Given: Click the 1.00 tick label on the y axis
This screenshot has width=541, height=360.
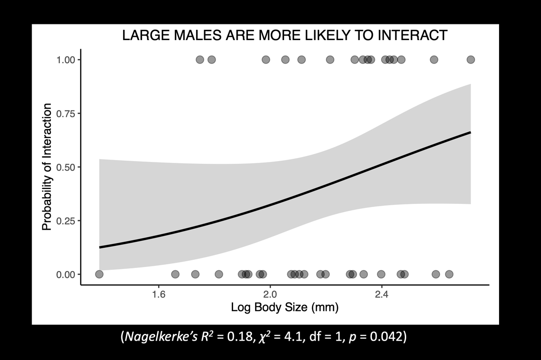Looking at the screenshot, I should (x=65, y=60).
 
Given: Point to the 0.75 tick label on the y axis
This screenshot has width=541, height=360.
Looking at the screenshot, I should (x=65, y=113).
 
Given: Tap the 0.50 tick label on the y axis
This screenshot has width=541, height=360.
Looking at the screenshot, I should (x=65, y=167).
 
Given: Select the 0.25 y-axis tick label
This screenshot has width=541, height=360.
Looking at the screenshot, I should (x=65, y=221).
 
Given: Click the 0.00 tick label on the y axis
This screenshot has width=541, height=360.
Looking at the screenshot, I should (x=65, y=274).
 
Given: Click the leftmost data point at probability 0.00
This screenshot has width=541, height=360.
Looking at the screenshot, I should (x=99, y=274).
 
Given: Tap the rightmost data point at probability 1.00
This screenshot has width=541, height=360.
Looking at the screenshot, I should (x=471, y=60).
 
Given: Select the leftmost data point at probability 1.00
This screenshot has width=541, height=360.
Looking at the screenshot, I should (x=200, y=60).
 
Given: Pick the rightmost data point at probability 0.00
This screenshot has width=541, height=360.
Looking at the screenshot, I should (x=449, y=274).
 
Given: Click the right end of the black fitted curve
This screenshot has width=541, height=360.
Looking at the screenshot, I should (x=470, y=132).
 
